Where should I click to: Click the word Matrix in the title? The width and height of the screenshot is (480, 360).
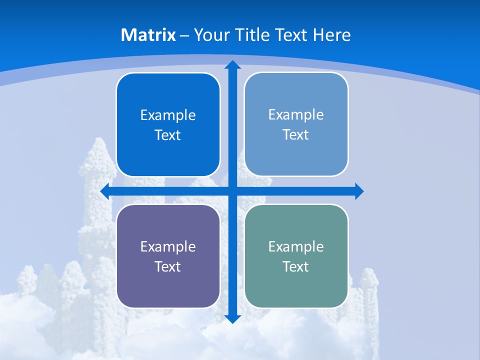point(148,35)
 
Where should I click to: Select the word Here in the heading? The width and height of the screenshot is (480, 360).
point(331,35)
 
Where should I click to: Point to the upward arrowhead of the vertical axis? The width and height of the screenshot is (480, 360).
point(232,64)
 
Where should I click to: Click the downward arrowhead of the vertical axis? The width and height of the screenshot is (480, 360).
point(232,318)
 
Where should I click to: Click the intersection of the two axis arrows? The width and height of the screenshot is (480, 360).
point(232,191)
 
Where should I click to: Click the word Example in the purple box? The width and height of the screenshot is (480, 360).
point(168,246)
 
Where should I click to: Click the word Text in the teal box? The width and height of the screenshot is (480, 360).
point(296,267)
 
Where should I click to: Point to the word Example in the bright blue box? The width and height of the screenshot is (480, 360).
point(168,115)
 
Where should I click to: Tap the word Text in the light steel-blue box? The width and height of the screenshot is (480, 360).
point(296,135)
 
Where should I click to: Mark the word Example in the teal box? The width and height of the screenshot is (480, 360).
point(296,246)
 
